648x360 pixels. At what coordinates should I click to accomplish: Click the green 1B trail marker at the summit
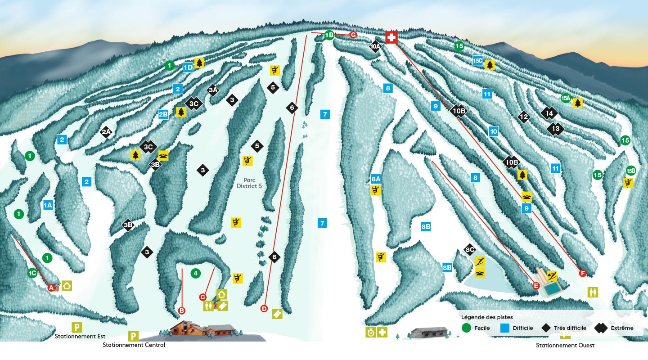[x=329, y=35]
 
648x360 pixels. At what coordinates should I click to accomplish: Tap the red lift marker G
[x=353, y=35]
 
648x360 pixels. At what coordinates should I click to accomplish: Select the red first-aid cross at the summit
[x=391, y=37]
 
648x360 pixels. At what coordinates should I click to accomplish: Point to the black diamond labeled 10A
[x=375, y=46]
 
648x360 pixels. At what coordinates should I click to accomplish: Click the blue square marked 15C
[x=478, y=60]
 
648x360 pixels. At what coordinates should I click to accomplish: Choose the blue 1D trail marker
[x=188, y=67]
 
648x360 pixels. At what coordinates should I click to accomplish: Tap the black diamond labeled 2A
[x=106, y=132]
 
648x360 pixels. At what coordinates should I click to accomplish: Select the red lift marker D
[x=264, y=309]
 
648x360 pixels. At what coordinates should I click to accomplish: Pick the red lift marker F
[x=583, y=273]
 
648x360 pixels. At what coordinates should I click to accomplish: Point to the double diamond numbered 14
[x=549, y=113]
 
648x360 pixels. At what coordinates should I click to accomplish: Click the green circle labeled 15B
[x=630, y=171]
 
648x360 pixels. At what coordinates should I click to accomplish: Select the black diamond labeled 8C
[x=470, y=250]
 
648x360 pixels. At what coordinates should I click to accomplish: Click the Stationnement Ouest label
[x=565, y=345]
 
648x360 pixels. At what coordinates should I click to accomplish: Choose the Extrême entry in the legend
[x=621, y=328]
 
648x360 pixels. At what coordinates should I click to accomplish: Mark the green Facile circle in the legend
[x=467, y=328]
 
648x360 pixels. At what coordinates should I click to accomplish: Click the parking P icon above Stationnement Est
[x=77, y=327]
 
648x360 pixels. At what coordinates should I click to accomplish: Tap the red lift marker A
[x=51, y=287]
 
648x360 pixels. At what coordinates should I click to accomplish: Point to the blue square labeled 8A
[x=376, y=179]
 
